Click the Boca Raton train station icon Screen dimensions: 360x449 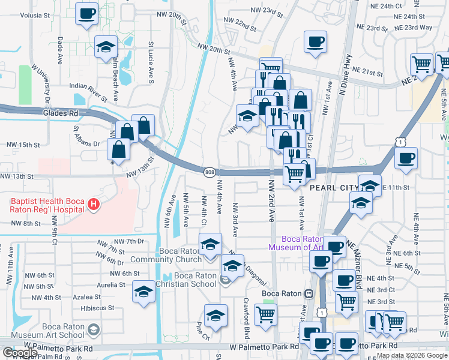[x=309, y=293]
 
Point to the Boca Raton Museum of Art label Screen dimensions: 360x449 [x=297, y=242]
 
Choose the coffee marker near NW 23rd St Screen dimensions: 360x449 [x=315, y=41]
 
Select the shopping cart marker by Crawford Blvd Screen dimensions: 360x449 [x=265, y=314]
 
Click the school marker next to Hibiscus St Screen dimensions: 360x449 [x=143, y=292]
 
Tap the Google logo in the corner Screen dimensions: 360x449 [x=20, y=353]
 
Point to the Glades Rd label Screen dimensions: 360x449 [x=61, y=112]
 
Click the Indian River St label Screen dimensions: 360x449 [x=88, y=86]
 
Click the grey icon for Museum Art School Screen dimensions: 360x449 [x=93, y=329]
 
